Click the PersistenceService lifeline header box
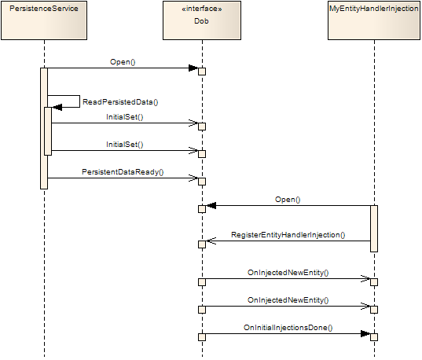pos(45,21)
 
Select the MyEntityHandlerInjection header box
pos(374,21)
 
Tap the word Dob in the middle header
pos(202,23)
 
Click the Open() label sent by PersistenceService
pos(123,61)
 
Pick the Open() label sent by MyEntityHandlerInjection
pos(288,200)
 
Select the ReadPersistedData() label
pos(121,102)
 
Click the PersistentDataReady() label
pos(123,171)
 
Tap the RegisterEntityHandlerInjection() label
pos(288,235)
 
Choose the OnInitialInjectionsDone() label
pos(288,328)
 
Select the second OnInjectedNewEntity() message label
pos(288,300)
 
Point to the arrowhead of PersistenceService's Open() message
pos(193,68)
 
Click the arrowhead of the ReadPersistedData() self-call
pos(57,107)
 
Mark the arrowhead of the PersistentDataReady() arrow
pos(192,178)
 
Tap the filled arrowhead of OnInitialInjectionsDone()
pos(365,334)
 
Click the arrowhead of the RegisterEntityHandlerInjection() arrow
pos(211,241)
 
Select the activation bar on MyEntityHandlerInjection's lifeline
pos(374,228)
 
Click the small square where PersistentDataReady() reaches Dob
pos(202,182)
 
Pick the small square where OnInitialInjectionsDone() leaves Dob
pos(202,337)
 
